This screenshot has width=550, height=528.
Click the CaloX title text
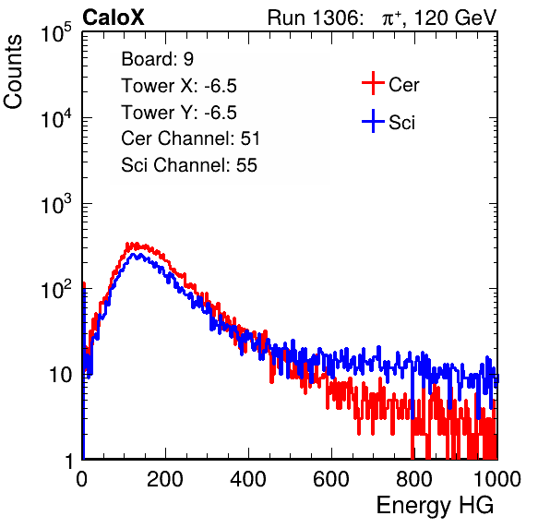[114, 18]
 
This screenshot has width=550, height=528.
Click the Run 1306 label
[315, 18]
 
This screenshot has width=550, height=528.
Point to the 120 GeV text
[455, 18]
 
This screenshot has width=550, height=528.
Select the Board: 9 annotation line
[158, 59]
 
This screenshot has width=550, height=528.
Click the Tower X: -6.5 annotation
[179, 86]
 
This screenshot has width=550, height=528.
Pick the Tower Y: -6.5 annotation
[179, 113]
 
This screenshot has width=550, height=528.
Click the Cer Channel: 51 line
[190, 138]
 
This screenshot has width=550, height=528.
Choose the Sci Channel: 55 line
[189, 165]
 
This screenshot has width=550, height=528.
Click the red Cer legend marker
[373, 83]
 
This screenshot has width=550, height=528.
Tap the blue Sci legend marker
[373, 121]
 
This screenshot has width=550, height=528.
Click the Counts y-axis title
[13, 72]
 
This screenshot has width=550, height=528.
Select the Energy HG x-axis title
[436, 506]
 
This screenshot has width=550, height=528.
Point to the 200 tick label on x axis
[165, 479]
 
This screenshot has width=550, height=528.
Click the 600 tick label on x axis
[331, 479]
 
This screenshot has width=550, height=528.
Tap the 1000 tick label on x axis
[497, 479]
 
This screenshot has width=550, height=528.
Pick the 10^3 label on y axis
[56, 204]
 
